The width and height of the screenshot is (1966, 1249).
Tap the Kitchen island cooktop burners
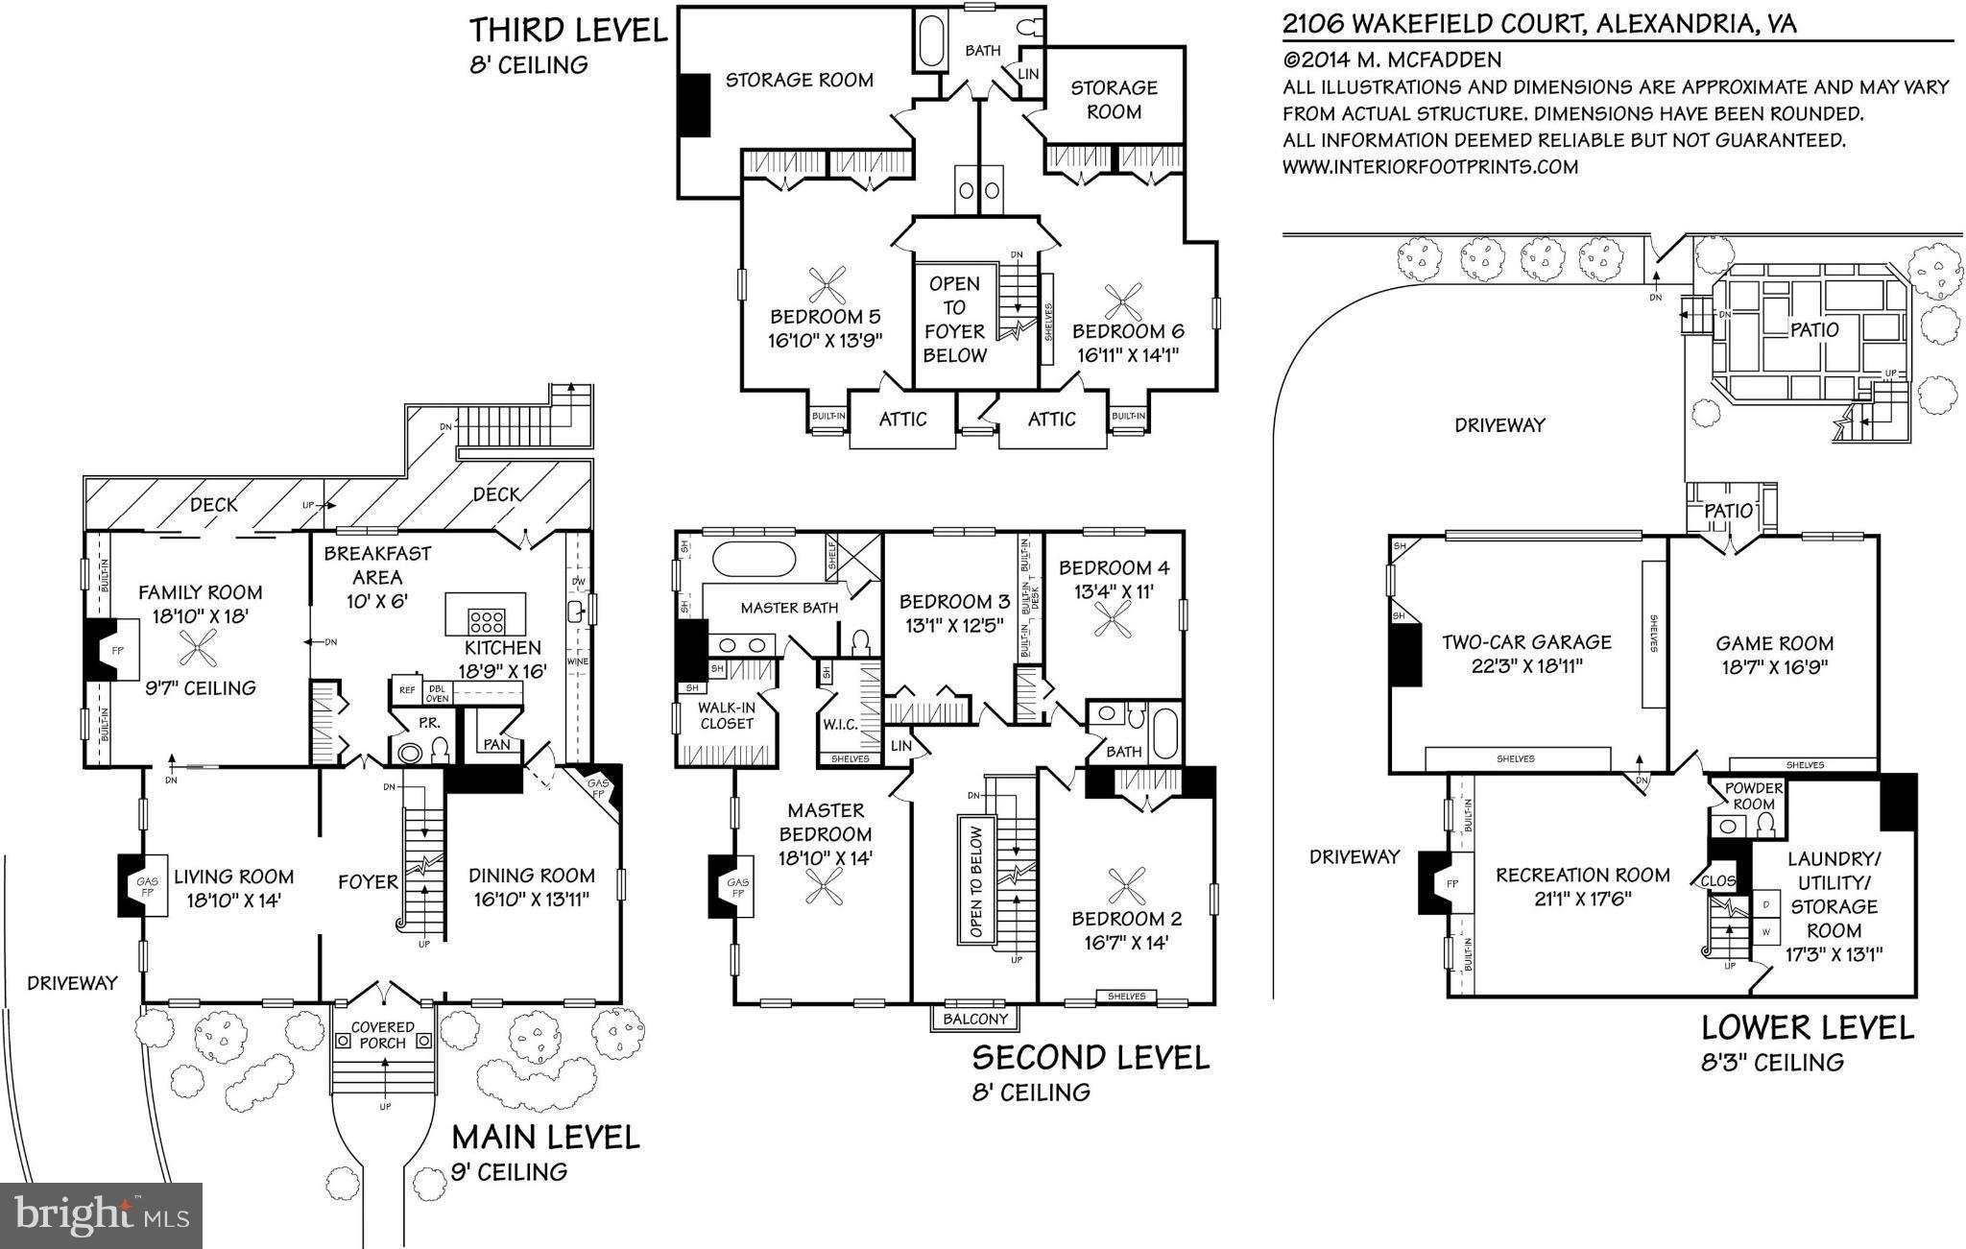(x=486, y=620)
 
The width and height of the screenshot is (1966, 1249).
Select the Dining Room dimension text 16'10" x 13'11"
(x=532, y=900)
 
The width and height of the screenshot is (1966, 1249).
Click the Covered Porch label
(x=383, y=1035)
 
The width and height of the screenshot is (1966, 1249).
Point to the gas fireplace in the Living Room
(x=133, y=885)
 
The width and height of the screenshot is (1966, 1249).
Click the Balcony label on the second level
(x=976, y=1019)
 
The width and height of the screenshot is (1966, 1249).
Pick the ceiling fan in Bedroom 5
(x=827, y=285)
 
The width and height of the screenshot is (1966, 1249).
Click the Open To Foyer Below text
(x=954, y=320)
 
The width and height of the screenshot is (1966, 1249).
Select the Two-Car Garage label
(x=1526, y=642)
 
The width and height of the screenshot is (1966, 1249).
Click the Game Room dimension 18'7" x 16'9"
(x=1774, y=667)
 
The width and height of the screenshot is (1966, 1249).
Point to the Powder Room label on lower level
(x=1754, y=795)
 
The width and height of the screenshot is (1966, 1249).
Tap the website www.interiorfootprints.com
(x=1430, y=167)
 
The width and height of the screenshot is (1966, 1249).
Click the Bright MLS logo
(x=102, y=1215)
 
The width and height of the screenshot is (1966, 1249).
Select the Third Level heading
(x=567, y=31)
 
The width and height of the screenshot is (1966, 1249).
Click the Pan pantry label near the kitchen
(x=496, y=744)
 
